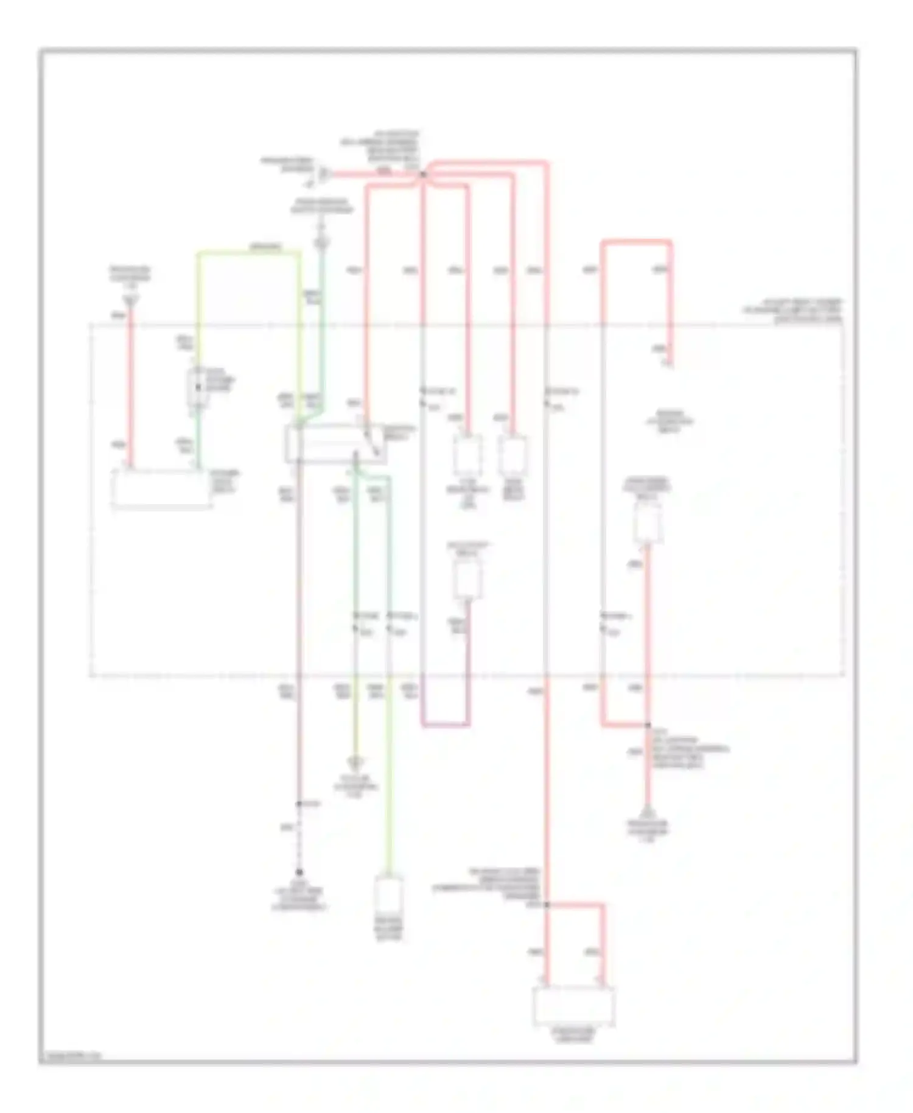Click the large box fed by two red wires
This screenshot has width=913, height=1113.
573,1005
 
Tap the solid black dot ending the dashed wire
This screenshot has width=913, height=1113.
299,872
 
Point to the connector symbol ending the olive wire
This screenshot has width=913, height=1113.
355,762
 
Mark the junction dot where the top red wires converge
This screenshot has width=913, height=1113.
422,175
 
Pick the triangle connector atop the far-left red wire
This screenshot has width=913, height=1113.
130,299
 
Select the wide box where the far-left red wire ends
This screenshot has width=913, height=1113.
161,488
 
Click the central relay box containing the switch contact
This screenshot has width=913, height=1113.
335,443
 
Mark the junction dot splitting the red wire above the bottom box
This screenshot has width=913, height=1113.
547,905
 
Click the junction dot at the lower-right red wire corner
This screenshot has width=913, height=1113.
648,725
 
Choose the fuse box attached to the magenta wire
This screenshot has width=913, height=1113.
467,578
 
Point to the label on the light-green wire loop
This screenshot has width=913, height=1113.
267,247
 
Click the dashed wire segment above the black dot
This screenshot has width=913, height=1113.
299,838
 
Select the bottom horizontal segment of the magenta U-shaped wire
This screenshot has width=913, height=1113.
446,725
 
